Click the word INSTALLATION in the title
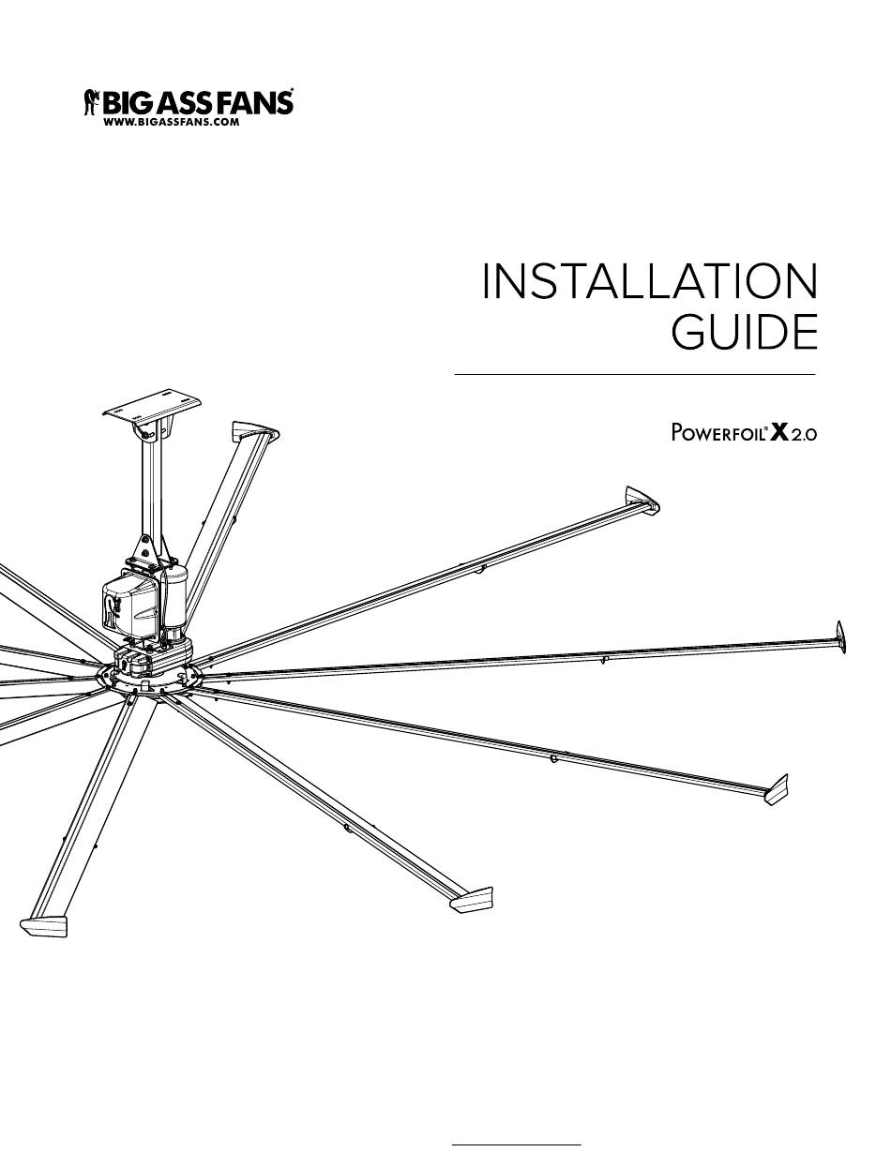[x=649, y=282]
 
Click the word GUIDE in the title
[x=745, y=333]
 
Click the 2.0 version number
[x=804, y=436]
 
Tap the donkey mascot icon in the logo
[x=92, y=101]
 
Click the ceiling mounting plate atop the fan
[x=152, y=410]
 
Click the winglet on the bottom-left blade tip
[x=43, y=925]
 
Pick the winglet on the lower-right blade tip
[x=776, y=788]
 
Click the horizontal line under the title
[x=635, y=374]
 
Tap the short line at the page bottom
[x=517, y=1145]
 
